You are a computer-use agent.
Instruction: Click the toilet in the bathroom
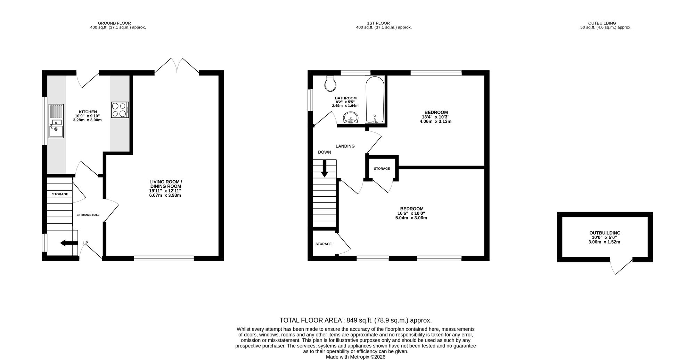point(330,83)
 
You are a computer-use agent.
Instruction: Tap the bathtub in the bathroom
point(375,99)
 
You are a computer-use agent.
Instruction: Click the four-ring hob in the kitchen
point(120,109)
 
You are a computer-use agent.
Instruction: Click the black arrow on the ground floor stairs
point(68,243)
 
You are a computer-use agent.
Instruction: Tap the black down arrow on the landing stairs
point(324,169)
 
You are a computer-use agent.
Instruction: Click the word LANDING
point(345,146)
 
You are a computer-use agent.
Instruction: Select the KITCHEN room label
point(88,112)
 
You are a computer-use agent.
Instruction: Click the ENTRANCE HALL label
point(88,215)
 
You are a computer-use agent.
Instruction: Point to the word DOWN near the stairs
point(325,152)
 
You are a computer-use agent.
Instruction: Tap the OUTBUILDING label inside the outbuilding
point(605,233)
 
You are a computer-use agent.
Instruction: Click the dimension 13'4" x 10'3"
point(436,117)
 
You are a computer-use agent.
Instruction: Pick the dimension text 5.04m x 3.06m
point(411,218)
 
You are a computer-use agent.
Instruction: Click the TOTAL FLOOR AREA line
point(355,320)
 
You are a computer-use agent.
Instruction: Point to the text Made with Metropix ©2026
point(355,357)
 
